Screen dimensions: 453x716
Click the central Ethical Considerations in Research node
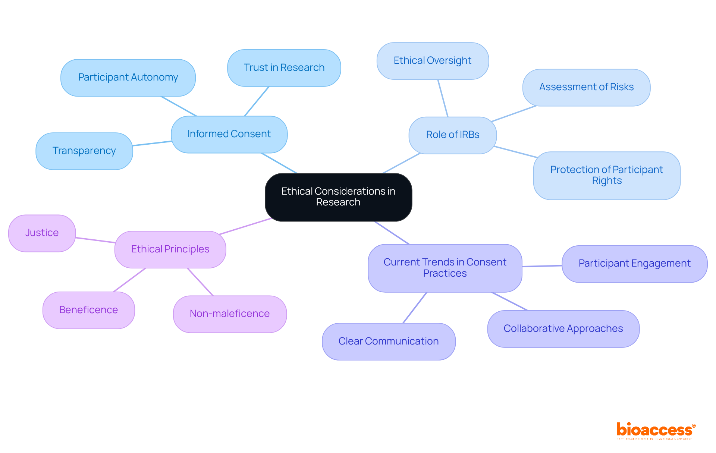(x=338, y=197)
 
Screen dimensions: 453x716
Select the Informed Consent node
(x=229, y=134)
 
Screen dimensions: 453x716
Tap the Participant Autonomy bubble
(x=128, y=78)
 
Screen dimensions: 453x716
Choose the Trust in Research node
(x=284, y=68)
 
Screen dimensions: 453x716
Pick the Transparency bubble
(x=84, y=151)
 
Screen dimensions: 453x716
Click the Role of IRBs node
(x=452, y=135)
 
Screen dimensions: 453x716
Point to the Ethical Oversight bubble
(x=433, y=61)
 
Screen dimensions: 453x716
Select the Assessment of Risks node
(x=586, y=87)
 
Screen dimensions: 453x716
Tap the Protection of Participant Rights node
(x=606, y=175)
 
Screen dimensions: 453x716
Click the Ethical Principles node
(x=170, y=249)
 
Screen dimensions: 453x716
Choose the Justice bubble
(x=42, y=233)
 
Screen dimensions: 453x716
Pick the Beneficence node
(x=88, y=310)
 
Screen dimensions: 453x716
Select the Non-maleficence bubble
(x=230, y=314)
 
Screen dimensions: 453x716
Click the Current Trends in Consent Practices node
(x=445, y=268)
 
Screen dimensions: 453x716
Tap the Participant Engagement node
(x=634, y=264)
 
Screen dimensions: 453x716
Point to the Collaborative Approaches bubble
(x=563, y=329)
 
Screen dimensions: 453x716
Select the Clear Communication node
(x=389, y=341)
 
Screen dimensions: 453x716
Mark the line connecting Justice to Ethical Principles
(x=95, y=240)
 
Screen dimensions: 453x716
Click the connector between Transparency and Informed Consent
(x=152, y=143)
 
